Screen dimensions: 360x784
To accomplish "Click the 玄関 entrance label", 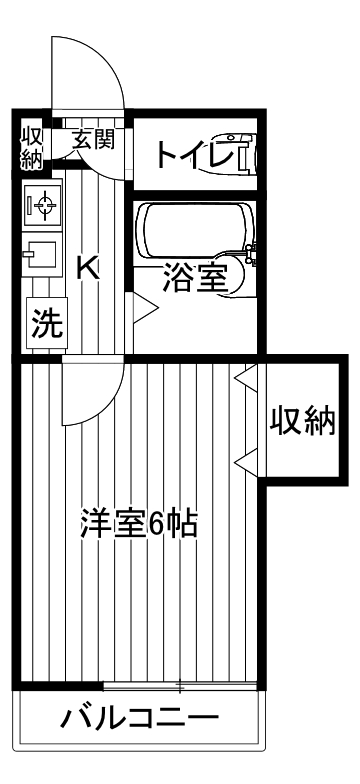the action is coord(93,139).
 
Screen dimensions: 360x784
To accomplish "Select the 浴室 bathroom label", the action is coord(195,277).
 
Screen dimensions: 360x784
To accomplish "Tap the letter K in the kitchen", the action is coord(88,267).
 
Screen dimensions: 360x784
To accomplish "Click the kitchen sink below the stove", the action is coord(42,259).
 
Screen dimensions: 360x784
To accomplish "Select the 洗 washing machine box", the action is coord(44,323).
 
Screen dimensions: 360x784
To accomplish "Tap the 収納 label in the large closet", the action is coord(303,423).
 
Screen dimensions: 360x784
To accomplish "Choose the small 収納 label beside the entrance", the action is coord(31,146).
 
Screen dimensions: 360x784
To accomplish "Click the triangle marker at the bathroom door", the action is coord(139,310).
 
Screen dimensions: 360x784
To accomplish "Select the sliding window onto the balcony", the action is coord(180,687).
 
